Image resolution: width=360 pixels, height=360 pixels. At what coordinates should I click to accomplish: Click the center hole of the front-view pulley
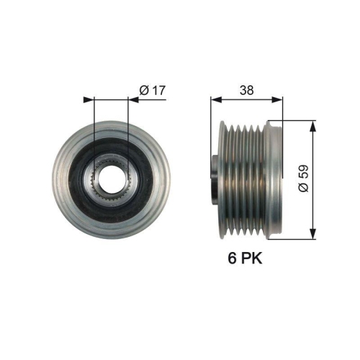coord(110,178)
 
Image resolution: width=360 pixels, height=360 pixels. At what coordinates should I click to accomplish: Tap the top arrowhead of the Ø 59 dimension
coord(312,125)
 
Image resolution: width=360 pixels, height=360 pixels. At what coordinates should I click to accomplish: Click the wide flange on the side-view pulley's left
coord(222,177)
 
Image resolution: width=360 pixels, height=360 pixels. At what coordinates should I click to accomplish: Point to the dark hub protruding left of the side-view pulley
coord(215,177)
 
